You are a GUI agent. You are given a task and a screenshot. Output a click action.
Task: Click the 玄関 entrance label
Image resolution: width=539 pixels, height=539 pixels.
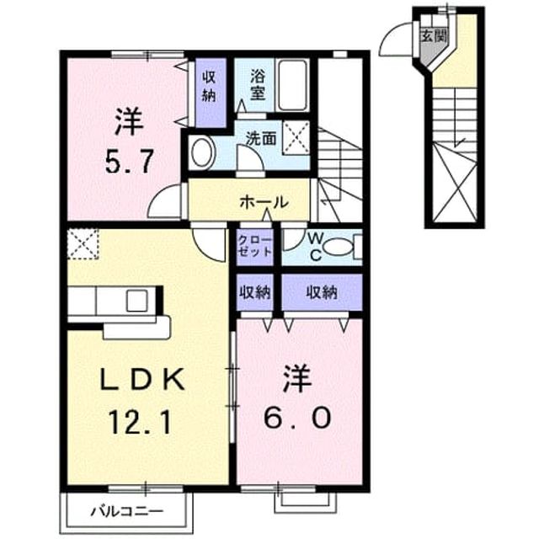pos(434,35)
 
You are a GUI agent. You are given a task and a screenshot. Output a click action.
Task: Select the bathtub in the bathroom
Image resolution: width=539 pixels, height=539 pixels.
pos(292,85)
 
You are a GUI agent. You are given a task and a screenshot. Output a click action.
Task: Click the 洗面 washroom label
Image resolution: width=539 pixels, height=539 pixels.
pos(262,138)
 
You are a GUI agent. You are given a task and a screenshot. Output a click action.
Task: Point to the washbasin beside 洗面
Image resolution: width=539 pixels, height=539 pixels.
pos(202,152)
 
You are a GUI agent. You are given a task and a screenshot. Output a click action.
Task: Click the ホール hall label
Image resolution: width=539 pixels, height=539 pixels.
pos(264,202)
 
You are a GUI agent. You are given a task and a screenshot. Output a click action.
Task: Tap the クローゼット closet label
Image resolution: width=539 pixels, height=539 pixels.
pos(255,246)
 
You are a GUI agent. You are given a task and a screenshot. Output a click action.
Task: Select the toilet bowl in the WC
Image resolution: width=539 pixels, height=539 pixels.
pos(339,247)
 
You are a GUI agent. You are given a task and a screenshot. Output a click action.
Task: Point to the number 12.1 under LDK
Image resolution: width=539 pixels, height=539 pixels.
pos(140,423)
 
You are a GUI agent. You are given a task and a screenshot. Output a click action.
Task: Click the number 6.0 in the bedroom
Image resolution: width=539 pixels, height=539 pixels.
pos(297,418)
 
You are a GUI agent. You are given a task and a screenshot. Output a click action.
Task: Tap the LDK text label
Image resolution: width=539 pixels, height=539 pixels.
pos(142,379)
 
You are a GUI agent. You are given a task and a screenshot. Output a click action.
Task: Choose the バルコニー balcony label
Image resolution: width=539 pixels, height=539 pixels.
pos(127,511)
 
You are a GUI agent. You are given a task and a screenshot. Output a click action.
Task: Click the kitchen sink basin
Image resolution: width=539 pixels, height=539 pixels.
pos(137,300)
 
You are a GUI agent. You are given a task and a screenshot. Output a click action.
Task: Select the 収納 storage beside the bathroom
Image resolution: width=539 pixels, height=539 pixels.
pos(210,93)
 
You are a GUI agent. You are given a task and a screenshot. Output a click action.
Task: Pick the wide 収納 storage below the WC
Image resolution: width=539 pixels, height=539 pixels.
pos(322,292)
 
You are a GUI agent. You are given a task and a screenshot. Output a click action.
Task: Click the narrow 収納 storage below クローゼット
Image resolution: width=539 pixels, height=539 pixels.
pos(255,292)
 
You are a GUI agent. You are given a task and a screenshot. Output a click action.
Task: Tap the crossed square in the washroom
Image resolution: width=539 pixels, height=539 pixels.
pos(296,137)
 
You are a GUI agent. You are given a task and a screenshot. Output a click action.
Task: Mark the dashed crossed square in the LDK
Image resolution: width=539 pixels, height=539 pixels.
pos(83,243)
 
